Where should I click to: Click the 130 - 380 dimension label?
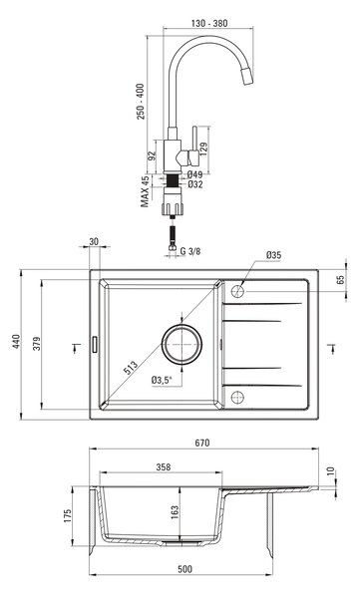pyautogui.click(x=209, y=23)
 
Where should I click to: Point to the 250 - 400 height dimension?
pyautogui.click(x=141, y=102)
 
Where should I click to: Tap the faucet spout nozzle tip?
pyautogui.click(x=248, y=77)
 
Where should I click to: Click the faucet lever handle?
pyautogui.click(x=194, y=147)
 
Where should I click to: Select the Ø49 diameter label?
pyautogui.click(x=195, y=174)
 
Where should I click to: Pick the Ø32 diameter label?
pyautogui.click(x=195, y=184)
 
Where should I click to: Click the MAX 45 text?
pyautogui.click(x=145, y=191)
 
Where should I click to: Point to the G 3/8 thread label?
pyautogui.click(x=190, y=251)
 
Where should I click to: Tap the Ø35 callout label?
pyautogui.click(x=273, y=255)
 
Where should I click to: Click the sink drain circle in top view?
pyautogui.click(x=181, y=344)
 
